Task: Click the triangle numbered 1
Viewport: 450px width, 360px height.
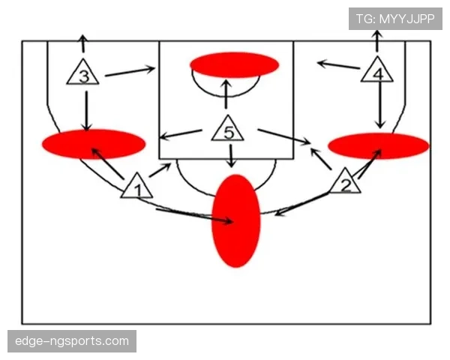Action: point(137,187)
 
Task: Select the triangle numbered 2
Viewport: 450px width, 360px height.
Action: point(345,182)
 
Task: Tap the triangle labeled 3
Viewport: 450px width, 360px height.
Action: point(83,73)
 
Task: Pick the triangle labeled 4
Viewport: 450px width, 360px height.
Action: point(377,71)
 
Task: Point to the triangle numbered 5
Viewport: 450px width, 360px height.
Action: point(228,130)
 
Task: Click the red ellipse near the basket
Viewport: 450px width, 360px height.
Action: point(234,65)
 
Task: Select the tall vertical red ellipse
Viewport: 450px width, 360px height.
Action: point(236,220)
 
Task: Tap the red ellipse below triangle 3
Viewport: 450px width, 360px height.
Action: point(94,144)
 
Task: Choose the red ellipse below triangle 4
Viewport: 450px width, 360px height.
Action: point(379,145)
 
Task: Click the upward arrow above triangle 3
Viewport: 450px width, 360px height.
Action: point(83,43)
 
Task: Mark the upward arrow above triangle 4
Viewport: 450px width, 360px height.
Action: point(377,40)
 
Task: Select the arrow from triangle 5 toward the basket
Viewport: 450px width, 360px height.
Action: point(226,94)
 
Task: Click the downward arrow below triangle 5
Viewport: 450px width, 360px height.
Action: point(231,156)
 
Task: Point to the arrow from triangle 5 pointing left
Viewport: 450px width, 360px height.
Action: point(181,134)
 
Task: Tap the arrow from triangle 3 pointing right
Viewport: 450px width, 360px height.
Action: point(130,71)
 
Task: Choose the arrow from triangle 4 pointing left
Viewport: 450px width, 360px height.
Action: point(338,65)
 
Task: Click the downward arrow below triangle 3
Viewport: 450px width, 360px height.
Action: point(86,111)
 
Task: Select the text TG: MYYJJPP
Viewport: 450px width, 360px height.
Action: point(395,19)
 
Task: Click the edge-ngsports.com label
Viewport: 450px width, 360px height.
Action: point(72,341)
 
